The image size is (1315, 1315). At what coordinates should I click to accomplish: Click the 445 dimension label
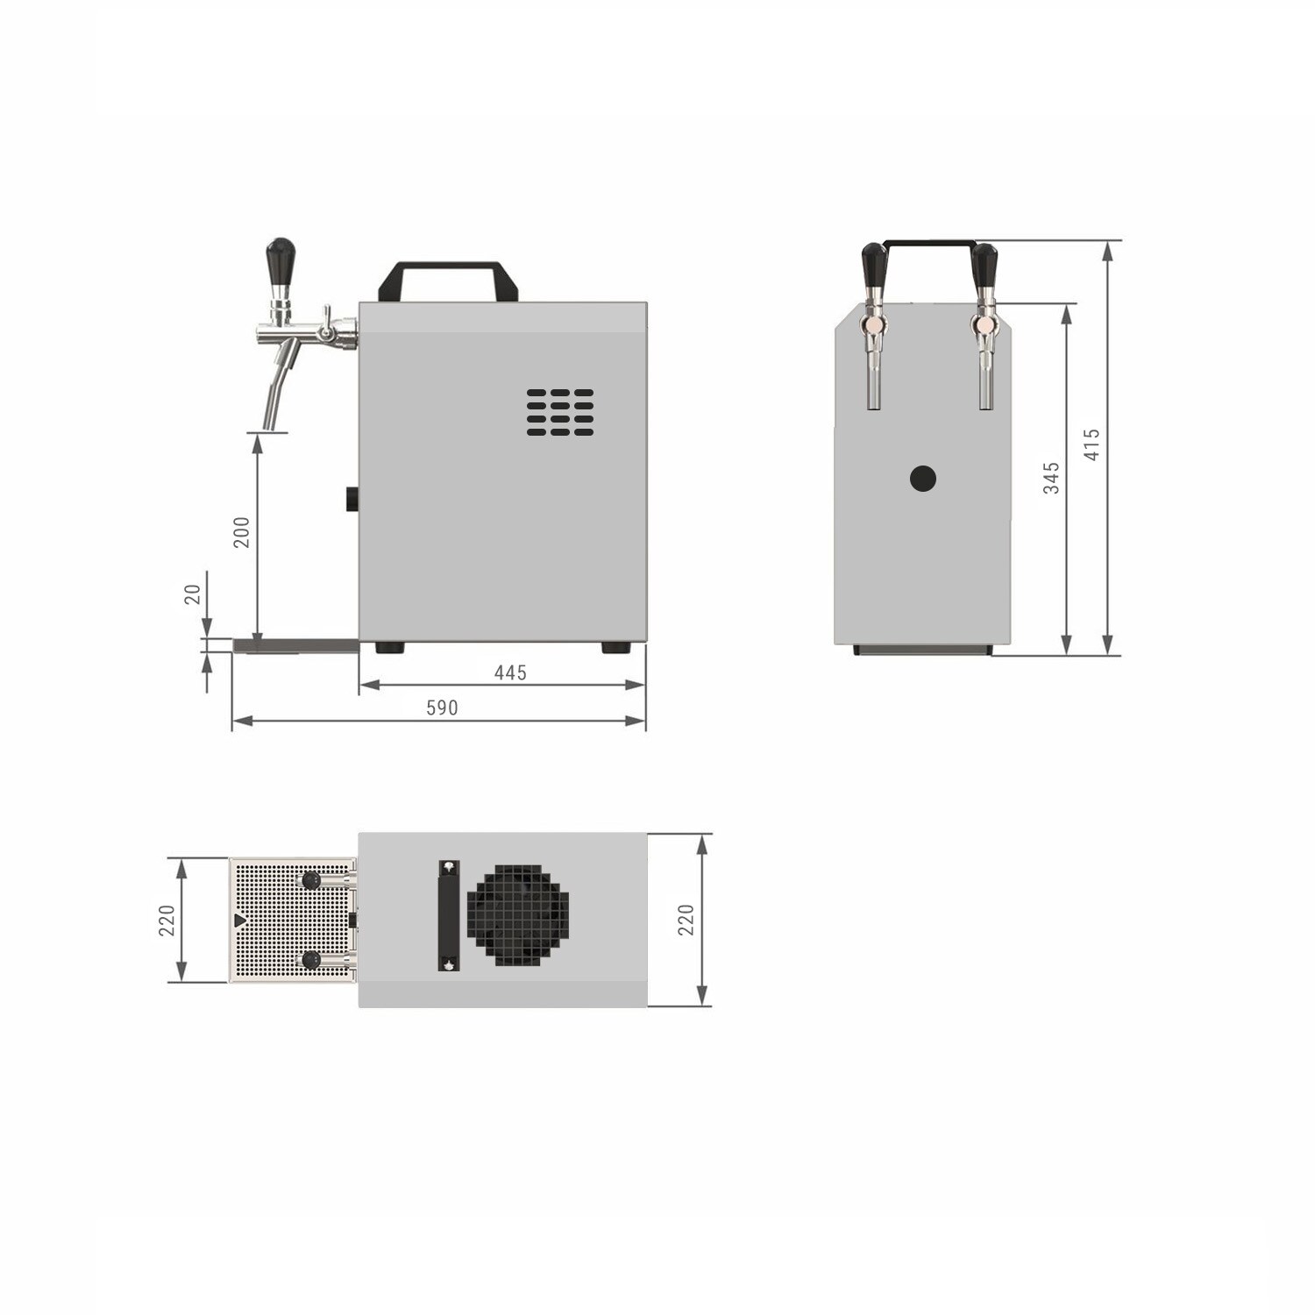[510, 672]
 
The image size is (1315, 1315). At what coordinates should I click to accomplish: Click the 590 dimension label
[442, 707]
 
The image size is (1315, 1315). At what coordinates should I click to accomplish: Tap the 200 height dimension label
[241, 532]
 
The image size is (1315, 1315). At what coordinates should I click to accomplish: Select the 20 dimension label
[193, 594]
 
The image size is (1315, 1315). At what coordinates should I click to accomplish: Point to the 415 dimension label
[1091, 444]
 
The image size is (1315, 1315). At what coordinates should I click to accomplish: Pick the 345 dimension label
[1051, 478]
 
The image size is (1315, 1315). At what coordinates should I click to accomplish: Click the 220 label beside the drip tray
[167, 920]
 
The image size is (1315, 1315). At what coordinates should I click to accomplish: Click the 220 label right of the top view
[686, 920]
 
